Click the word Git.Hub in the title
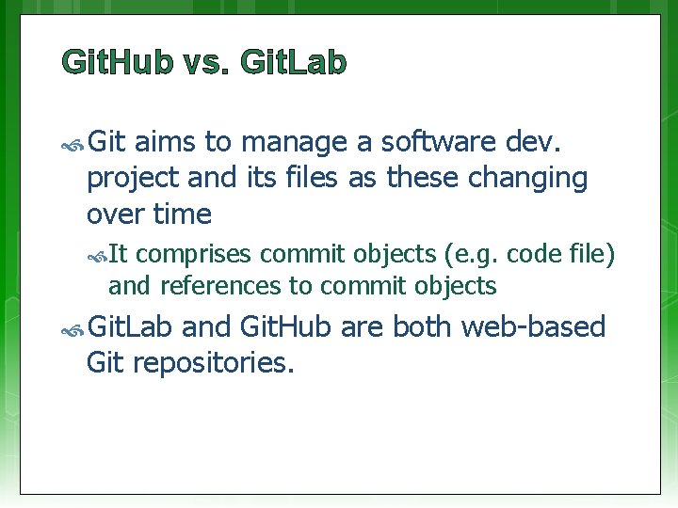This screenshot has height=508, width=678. pyautogui.click(x=117, y=63)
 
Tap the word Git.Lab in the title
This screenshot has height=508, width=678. pyautogui.click(x=294, y=63)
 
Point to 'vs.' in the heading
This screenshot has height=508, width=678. pyautogui.click(x=206, y=63)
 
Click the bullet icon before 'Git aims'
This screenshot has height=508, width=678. pyautogui.click(x=73, y=144)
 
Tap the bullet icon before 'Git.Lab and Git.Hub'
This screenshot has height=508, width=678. pyautogui.click(x=73, y=329)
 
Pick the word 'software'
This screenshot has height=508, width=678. pyautogui.click(x=442, y=142)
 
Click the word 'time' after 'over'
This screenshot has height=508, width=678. pyautogui.click(x=182, y=214)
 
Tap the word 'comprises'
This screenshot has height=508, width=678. pyautogui.click(x=199, y=255)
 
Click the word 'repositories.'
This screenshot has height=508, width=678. pyautogui.click(x=215, y=363)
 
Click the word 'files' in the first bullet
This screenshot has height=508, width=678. pyautogui.click(x=312, y=178)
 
